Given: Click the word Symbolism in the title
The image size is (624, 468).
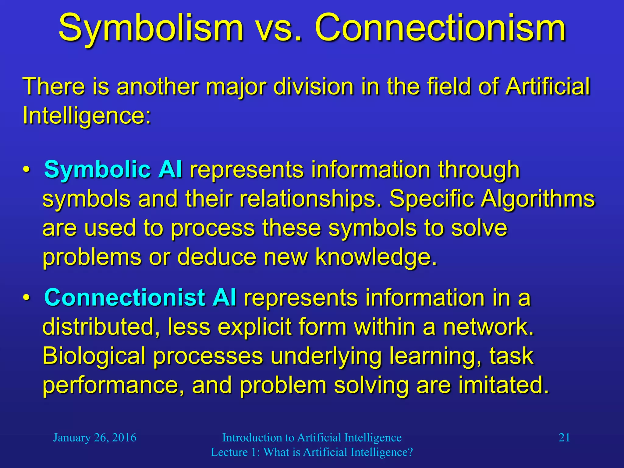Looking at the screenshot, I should pyautogui.click(x=151, y=29).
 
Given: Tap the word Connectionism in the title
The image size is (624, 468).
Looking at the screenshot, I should pyautogui.click(x=440, y=29).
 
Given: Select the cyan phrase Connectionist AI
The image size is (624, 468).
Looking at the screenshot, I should pyautogui.click(x=140, y=297).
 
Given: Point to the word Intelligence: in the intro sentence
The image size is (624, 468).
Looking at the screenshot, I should pyautogui.click(x=87, y=116).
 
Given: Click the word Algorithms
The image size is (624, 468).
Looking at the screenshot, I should pyautogui.click(x=537, y=199).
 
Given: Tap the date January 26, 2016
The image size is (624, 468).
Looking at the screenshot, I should pyautogui.click(x=94, y=438).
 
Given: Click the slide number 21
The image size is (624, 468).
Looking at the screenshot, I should pyautogui.click(x=564, y=438).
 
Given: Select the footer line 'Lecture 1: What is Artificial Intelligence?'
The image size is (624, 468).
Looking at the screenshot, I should pyautogui.click(x=312, y=452).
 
